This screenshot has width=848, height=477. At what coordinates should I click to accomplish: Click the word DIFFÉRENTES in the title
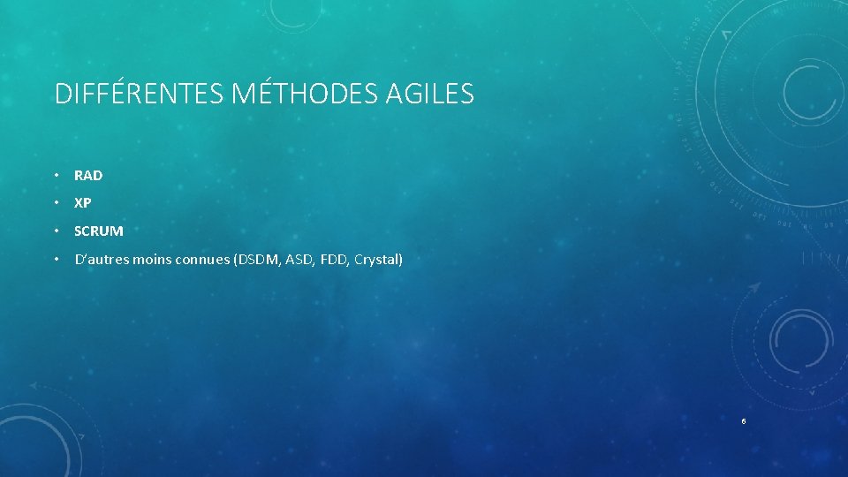tap(139, 94)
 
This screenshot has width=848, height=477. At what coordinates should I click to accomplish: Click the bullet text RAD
tap(88, 176)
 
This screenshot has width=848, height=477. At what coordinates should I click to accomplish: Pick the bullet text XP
tap(83, 203)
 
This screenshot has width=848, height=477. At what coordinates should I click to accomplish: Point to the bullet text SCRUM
tap(99, 231)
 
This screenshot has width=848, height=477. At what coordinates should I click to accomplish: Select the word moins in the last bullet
tap(142, 260)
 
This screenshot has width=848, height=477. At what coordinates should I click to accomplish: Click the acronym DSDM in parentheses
tap(255, 260)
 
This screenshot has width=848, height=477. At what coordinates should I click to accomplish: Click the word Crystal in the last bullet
tap(378, 260)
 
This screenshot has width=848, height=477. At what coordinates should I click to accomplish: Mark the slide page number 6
tap(744, 421)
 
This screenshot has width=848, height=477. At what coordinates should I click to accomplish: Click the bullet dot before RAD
tap(56, 176)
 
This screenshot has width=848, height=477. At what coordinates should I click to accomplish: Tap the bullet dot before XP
tap(56, 203)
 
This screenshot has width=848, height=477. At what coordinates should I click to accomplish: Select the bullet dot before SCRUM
tap(56, 231)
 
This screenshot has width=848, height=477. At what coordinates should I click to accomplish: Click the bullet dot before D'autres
tap(56, 260)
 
